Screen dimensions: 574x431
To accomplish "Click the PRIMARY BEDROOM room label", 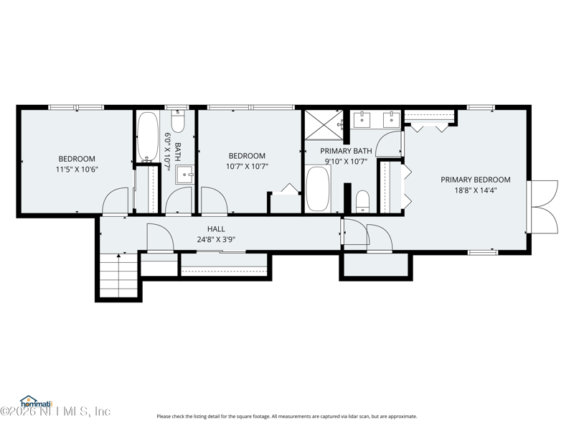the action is [x=475, y=180].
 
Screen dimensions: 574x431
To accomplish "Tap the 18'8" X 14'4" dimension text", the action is [x=475, y=190].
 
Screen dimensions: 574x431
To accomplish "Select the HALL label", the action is [x=216, y=229].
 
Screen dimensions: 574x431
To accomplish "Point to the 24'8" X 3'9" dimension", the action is [x=216, y=240].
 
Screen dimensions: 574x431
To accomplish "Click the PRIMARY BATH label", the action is [x=346, y=151].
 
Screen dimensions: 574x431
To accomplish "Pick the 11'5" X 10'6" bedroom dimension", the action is [x=77, y=170].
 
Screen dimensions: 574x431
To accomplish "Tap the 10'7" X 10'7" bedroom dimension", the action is [x=247, y=167].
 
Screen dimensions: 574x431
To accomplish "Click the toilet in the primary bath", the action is [x=363, y=201].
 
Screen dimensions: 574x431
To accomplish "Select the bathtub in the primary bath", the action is [x=318, y=189].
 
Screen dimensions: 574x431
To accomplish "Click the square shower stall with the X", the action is [x=324, y=125].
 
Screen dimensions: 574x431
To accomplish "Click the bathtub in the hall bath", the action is [x=148, y=136].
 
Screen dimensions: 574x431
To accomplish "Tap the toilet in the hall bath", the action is [x=178, y=121].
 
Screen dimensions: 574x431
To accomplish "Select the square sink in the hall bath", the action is [x=184, y=175].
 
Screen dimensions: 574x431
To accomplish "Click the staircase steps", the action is [x=118, y=276].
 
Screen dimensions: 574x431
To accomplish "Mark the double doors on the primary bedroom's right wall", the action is [x=543, y=207].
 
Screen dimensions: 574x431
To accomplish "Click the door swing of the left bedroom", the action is [x=115, y=201].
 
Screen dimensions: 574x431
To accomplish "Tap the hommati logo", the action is [x=37, y=402].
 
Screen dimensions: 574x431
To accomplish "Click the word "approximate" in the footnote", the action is [x=404, y=417].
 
